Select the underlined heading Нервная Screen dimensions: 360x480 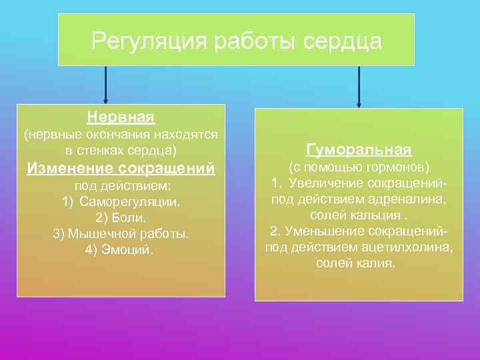[121, 117]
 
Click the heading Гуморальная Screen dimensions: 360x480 [359, 149]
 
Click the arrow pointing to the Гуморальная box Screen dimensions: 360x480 [359, 86]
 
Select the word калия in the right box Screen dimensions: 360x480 [379, 263]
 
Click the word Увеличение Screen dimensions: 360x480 [323, 183]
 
